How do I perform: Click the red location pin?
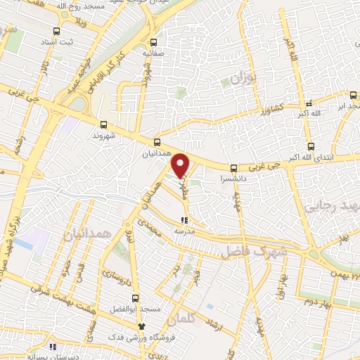[x=181, y=164]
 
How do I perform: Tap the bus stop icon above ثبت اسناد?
[x=56, y=31]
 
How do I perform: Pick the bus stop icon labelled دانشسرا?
[x=233, y=167]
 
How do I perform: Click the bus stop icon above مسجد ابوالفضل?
[x=135, y=297]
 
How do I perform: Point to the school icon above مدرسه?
[x=184, y=220]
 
